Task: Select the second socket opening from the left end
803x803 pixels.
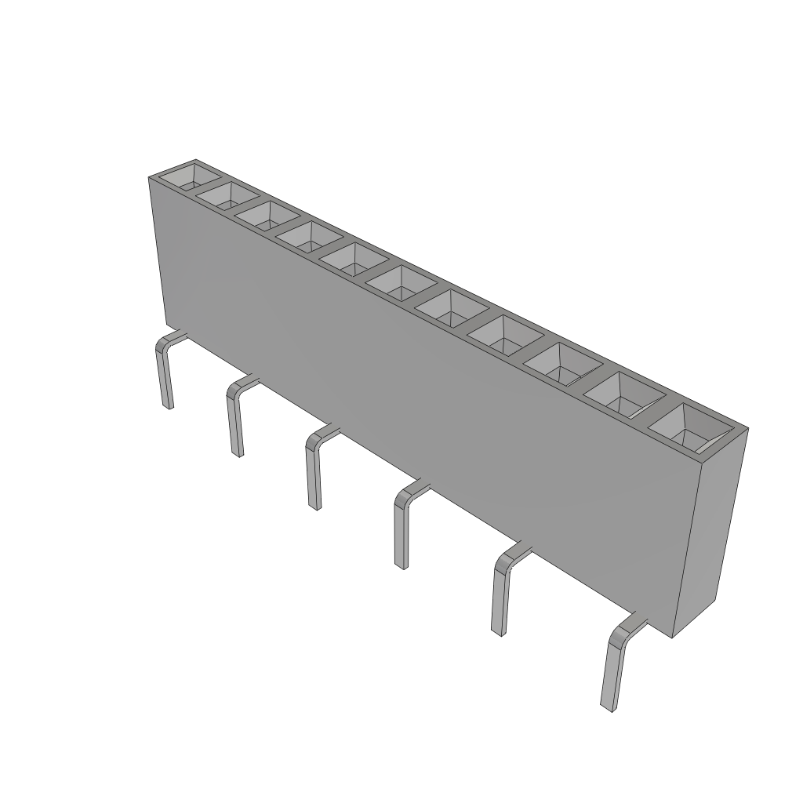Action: [x=227, y=195]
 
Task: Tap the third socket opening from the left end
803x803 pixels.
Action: [x=268, y=215]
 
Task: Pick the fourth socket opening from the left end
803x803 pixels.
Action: [x=311, y=236]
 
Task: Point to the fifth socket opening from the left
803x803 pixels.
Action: [x=355, y=258]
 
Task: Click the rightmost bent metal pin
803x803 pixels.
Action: [x=612, y=667]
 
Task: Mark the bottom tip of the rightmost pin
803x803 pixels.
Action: [x=605, y=706]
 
